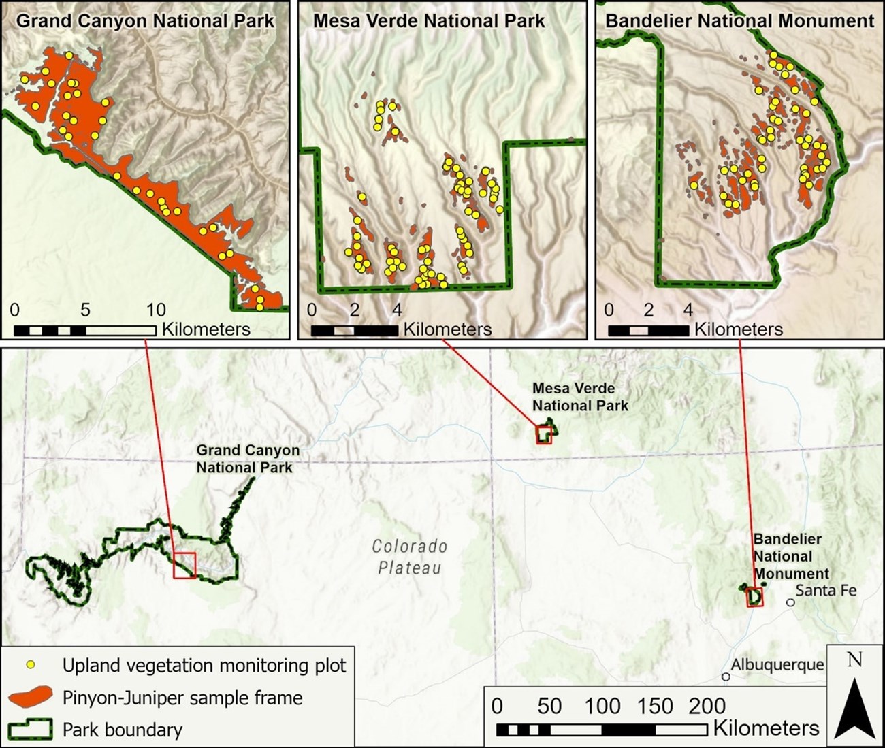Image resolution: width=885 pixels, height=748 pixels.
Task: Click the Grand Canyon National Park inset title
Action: point(145,20)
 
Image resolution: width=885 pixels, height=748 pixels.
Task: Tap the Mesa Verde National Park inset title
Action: point(429,20)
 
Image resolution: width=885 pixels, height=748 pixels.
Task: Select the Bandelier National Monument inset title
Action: point(739,20)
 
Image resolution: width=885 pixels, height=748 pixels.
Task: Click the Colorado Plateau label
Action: point(410,557)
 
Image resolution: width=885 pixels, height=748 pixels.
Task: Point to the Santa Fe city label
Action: point(826,590)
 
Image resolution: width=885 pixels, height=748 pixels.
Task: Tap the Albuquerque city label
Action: point(777,664)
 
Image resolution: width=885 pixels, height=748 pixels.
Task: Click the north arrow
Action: point(854,704)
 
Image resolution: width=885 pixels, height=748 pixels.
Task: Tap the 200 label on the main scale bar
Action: point(707,706)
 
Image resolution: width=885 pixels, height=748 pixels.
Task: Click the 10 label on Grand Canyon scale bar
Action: point(155,310)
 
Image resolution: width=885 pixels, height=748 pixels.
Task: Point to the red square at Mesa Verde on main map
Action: point(543,435)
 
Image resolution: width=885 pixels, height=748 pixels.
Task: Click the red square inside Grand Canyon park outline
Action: point(184,566)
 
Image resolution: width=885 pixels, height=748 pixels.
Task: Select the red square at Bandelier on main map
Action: point(754,597)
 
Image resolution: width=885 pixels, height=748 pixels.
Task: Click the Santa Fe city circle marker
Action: point(790,602)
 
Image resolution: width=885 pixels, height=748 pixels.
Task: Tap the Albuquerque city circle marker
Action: point(726,677)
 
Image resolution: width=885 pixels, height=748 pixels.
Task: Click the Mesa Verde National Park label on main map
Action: point(579,397)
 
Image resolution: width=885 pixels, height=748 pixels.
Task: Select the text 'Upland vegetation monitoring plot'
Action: point(204,665)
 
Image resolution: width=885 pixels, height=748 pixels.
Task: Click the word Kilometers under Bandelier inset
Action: point(738,329)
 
